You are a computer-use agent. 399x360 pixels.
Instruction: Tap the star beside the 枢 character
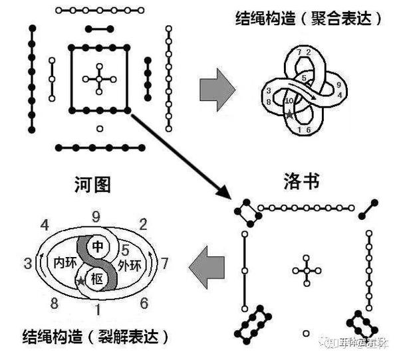tap(81, 282)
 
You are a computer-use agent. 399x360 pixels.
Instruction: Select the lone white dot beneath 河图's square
tap(100, 128)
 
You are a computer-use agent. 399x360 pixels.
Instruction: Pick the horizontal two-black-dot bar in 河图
tap(100, 29)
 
